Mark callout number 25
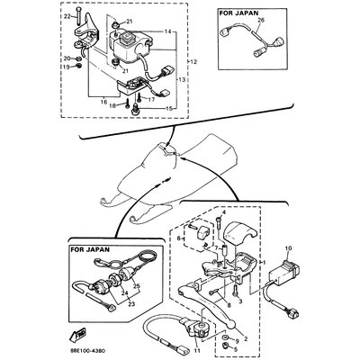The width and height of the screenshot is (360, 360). (138, 285)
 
